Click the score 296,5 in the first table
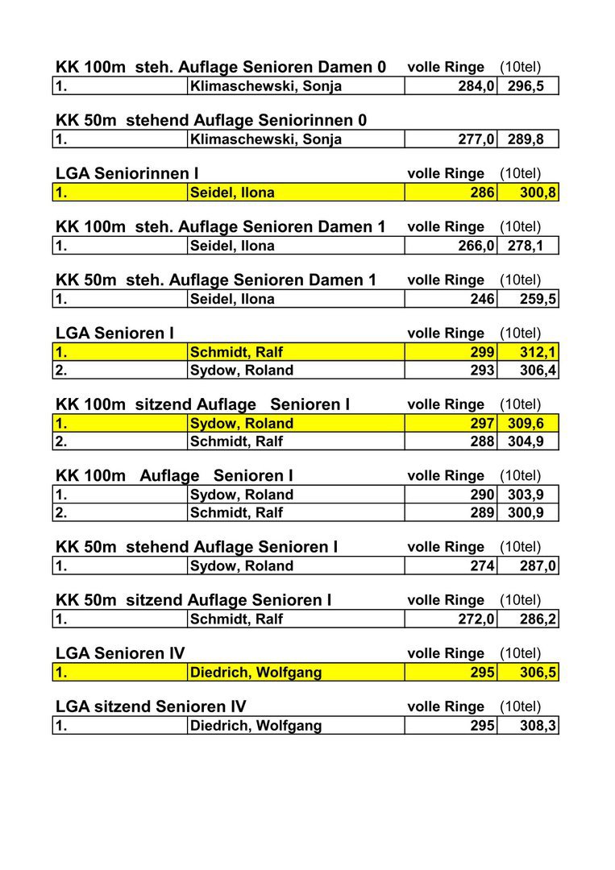click(526, 86)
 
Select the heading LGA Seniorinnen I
click(127, 174)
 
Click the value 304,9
click(526, 441)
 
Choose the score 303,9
click(526, 495)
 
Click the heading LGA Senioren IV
click(120, 653)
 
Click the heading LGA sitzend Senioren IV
click(151, 706)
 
